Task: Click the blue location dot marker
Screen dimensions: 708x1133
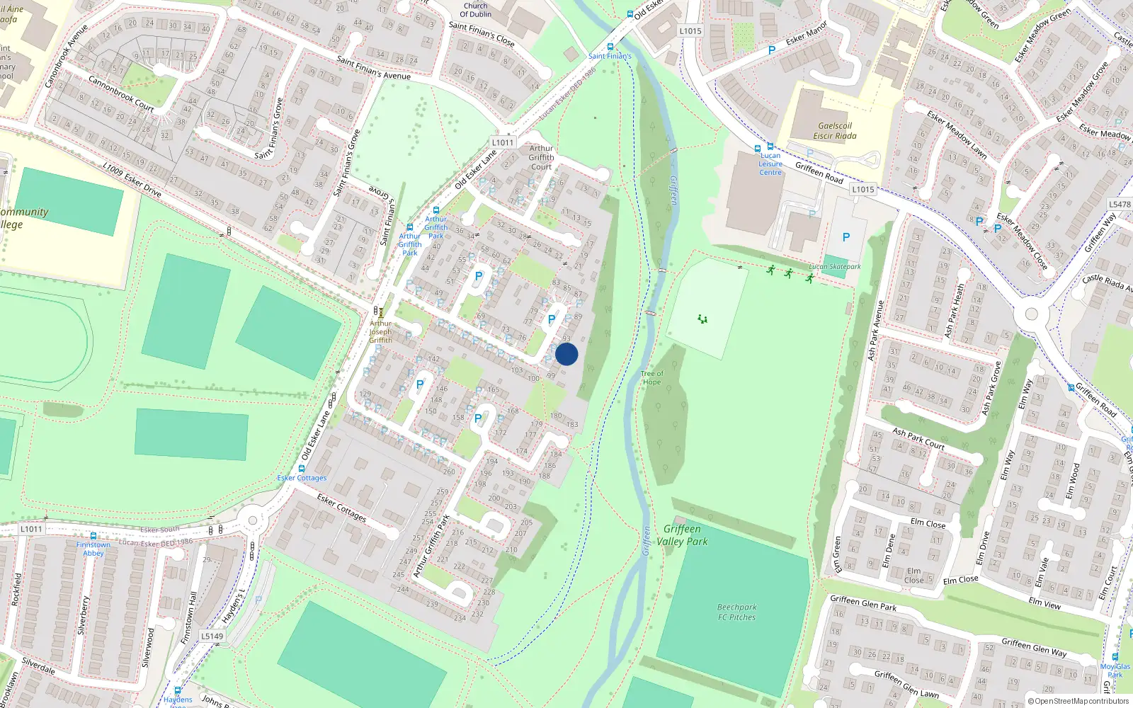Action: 566,354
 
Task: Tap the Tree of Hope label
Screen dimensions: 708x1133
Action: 651,378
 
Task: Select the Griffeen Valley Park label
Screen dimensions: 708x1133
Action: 682,535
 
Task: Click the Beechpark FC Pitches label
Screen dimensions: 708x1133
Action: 736,612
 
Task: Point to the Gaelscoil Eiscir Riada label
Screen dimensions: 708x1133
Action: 834,131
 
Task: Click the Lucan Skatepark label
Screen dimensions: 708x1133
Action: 835,267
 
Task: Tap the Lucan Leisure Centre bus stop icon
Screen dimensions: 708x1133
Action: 770,147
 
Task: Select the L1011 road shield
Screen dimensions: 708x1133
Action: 502,142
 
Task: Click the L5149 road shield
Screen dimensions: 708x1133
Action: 212,636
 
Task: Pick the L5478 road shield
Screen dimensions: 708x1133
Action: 1119,205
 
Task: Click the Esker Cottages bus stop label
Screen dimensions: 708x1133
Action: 302,478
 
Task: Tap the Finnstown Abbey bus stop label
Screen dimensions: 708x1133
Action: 93,549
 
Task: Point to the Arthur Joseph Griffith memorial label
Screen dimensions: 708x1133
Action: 380,331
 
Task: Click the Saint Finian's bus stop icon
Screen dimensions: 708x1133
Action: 610,47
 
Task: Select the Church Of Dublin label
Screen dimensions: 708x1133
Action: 475,10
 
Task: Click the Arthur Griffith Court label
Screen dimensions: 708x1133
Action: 541,158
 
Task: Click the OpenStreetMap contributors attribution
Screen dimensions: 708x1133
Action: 1078,701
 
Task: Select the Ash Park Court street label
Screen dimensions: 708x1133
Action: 918,438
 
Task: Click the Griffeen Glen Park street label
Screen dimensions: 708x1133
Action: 862,603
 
